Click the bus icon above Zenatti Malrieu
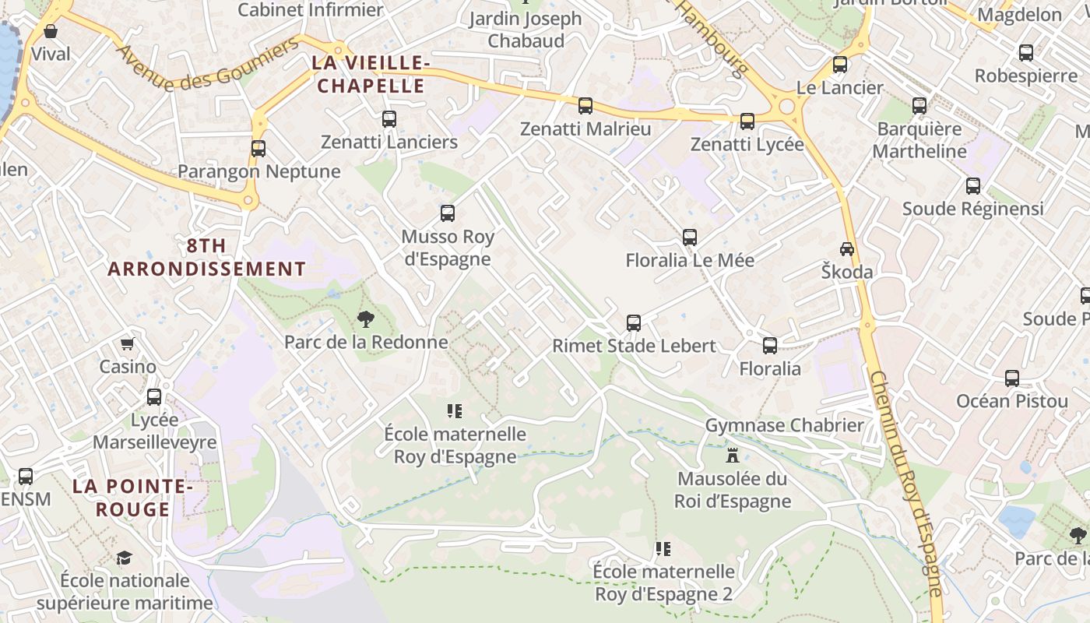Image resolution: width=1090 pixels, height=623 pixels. click(585, 105)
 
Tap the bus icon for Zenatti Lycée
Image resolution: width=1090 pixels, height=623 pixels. click(747, 121)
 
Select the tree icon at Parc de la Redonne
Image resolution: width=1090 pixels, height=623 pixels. click(365, 319)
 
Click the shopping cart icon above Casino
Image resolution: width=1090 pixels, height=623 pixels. click(127, 343)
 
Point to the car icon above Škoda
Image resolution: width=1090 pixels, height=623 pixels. click(846, 249)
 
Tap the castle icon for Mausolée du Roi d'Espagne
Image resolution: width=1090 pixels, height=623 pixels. click(732, 455)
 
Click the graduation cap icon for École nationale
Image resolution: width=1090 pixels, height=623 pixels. click(124, 558)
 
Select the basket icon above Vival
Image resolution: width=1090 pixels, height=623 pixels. click(51, 31)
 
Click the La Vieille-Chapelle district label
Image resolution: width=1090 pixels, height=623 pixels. click(370, 74)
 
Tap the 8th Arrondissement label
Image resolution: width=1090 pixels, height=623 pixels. click(206, 257)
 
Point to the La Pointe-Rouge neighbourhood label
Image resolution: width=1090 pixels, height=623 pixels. click(132, 498)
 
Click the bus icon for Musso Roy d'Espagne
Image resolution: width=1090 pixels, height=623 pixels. click(447, 213)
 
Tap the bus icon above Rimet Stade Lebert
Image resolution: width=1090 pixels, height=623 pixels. click(634, 322)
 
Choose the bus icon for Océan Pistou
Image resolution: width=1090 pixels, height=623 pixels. click(1011, 378)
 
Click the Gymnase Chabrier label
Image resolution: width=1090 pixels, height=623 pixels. click(784, 425)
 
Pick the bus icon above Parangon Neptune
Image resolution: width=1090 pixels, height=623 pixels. click(258, 148)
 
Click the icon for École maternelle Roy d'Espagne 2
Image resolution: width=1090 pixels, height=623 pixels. click(663, 549)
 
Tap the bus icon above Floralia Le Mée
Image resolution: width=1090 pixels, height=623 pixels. click(689, 237)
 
